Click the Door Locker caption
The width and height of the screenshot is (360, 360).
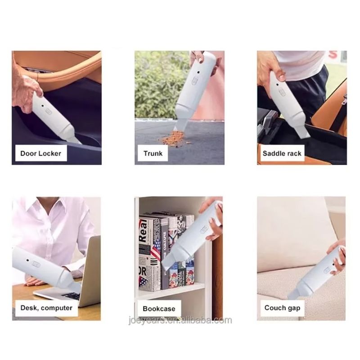pos(41,153)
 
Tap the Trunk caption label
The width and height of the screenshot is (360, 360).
pos(153,153)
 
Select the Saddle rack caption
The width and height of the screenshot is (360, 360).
pos(282,153)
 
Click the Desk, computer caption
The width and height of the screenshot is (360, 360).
pos(46,308)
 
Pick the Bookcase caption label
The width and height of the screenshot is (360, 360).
pos(159,309)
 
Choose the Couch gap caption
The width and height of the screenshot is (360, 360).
pos(282,308)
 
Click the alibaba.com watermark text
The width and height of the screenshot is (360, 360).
pos(180,320)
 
